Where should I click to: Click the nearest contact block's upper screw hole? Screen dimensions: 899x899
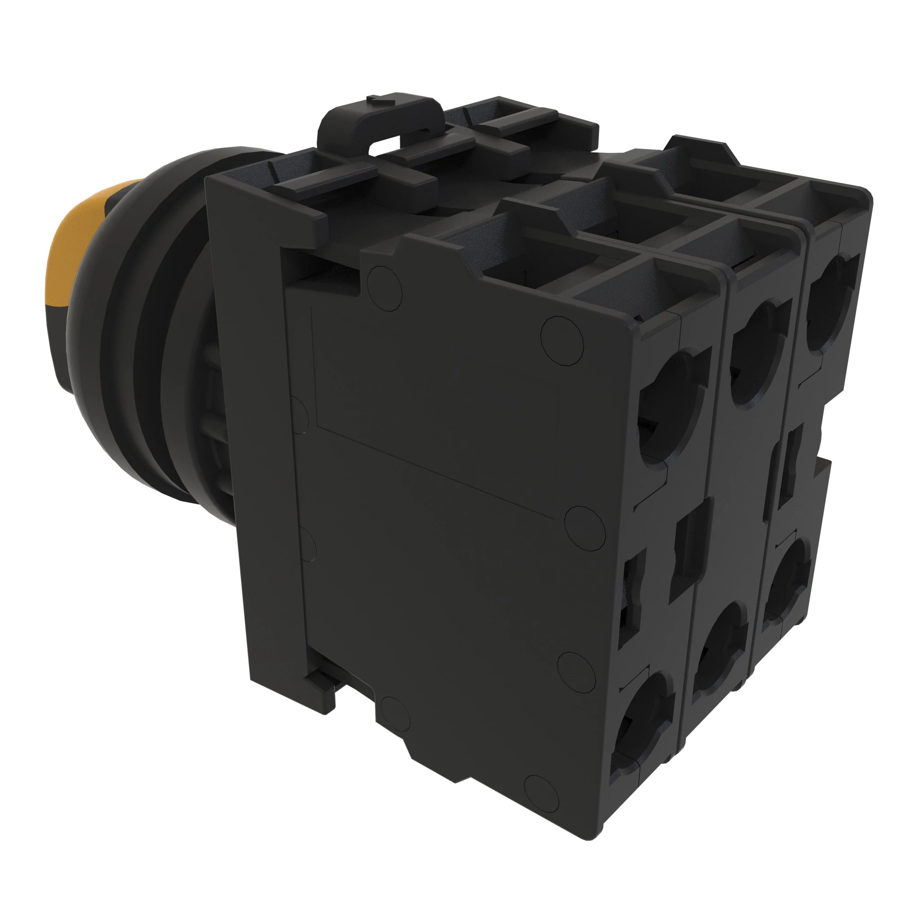(x=670, y=409)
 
